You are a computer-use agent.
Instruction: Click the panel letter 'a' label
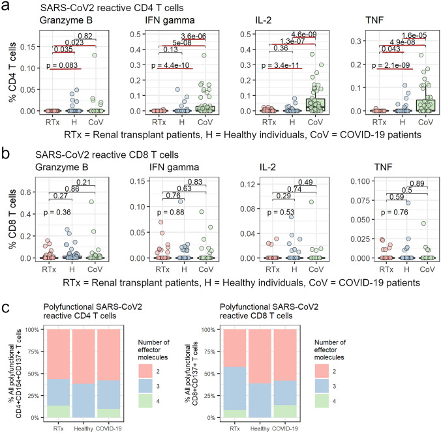(x=6, y=7)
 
